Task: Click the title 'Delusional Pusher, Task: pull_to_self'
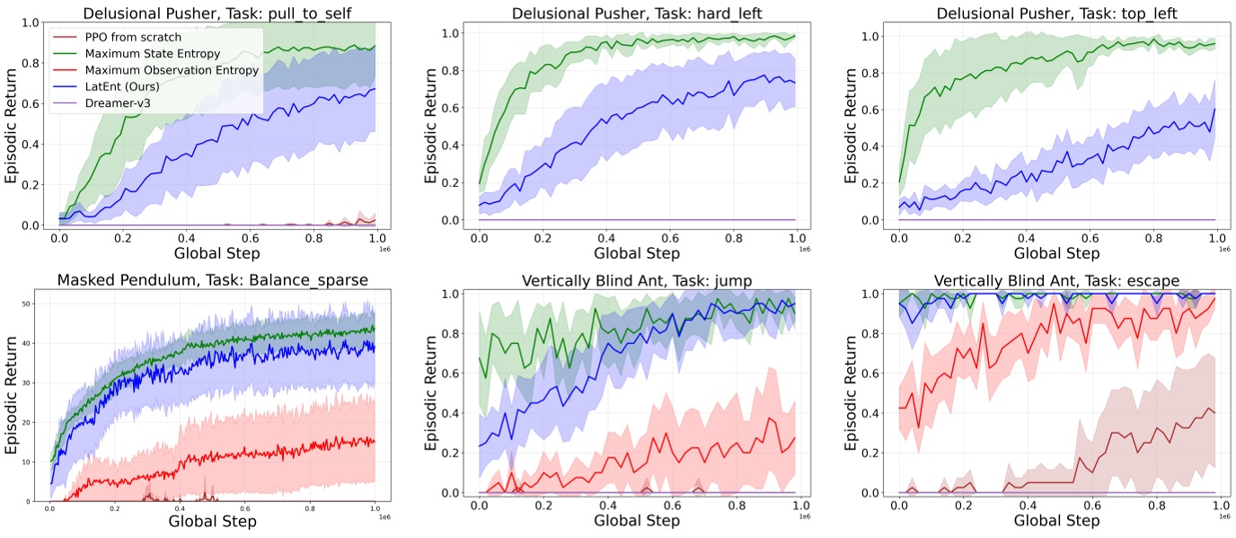click(211, 12)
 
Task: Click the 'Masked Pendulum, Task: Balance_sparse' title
click(211, 279)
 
